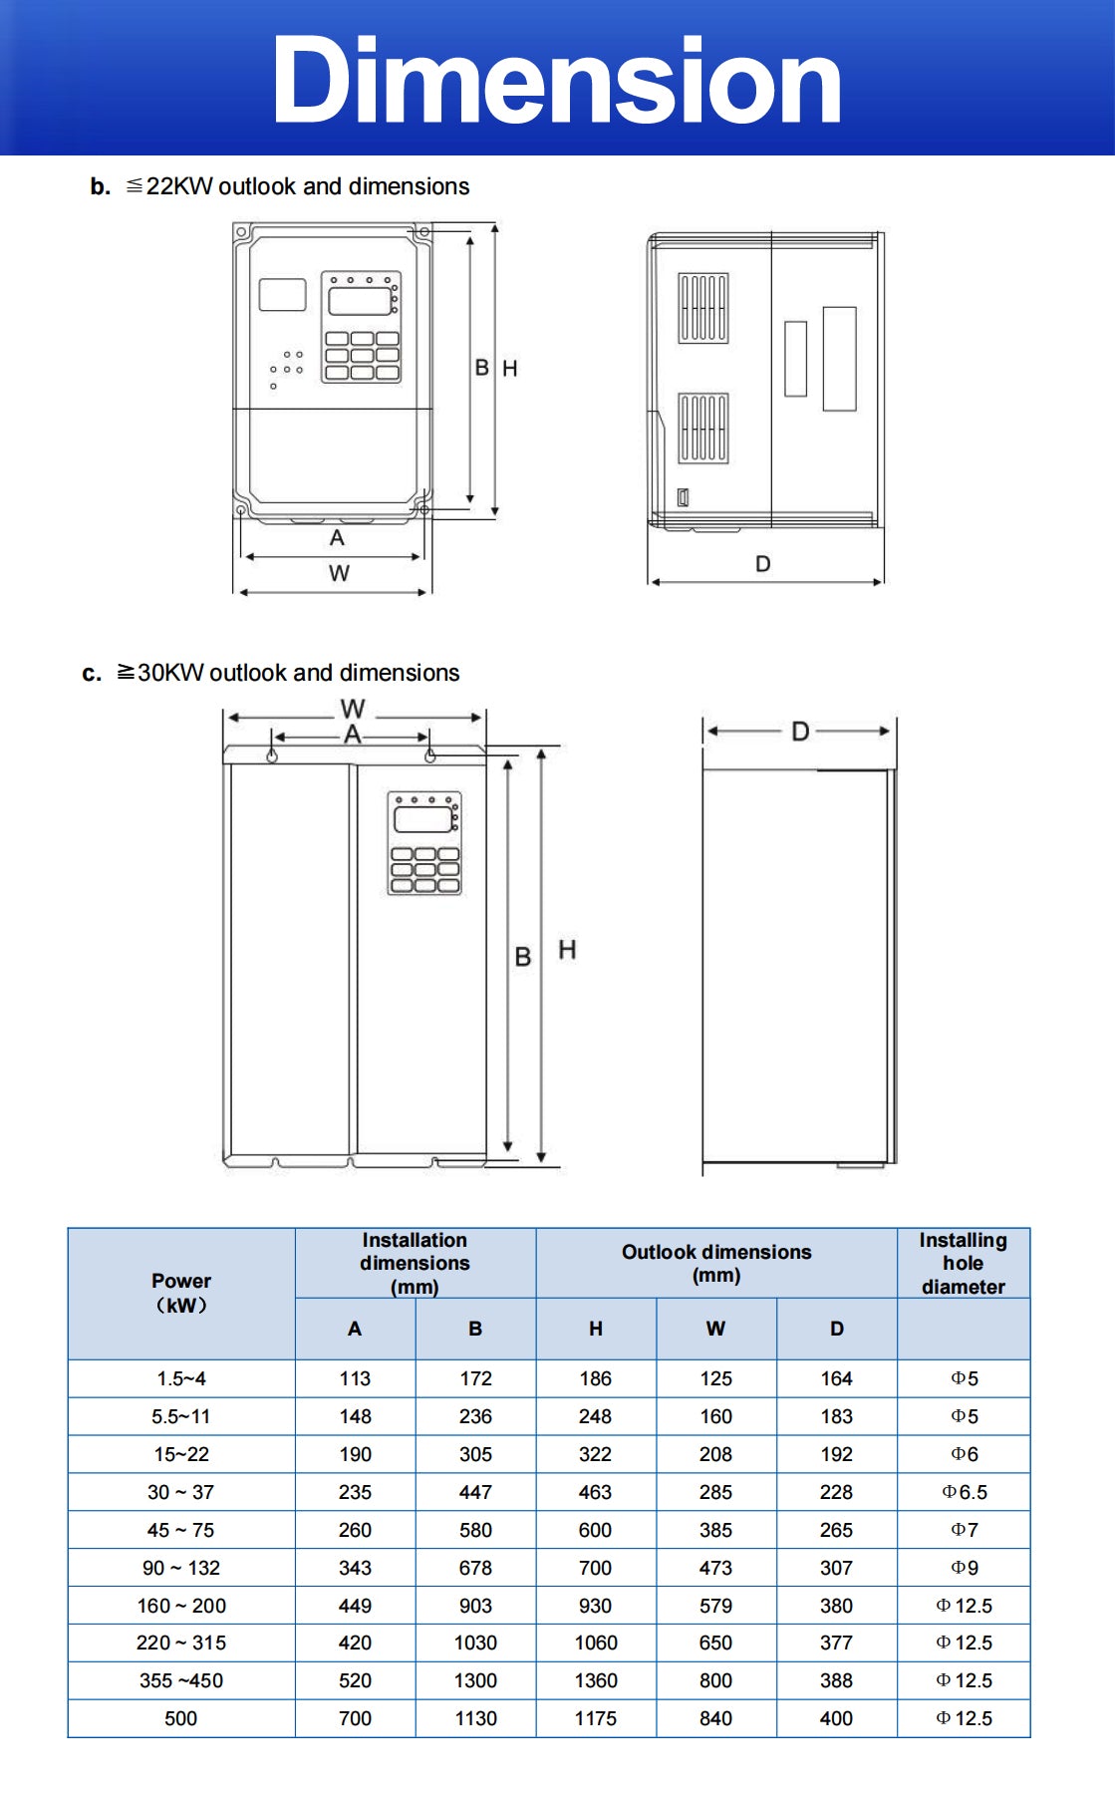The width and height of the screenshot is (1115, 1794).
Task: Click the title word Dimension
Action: (x=556, y=82)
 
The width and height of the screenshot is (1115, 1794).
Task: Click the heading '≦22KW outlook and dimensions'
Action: (x=297, y=186)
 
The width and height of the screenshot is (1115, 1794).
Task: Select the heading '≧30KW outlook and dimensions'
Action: (x=288, y=673)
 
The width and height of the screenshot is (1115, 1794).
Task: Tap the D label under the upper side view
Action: (x=762, y=564)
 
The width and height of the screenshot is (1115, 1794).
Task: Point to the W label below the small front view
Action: (x=339, y=573)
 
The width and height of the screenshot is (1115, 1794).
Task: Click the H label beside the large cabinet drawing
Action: (x=567, y=950)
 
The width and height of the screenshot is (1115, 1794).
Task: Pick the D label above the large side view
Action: (x=799, y=732)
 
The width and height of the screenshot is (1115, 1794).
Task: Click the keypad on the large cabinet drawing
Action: (x=424, y=843)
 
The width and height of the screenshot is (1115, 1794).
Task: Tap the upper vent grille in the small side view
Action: (x=703, y=308)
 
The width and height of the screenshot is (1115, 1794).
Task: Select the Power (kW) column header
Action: (x=181, y=1293)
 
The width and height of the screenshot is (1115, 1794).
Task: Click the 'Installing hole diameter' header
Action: (x=963, y=1263)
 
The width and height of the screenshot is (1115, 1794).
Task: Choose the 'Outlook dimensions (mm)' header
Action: (x=716, y=1263)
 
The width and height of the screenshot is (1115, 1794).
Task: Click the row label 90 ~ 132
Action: (x=181, y=1568)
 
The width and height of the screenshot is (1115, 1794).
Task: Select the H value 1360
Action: (x=596, y=1680)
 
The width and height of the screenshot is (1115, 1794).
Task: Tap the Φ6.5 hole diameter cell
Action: (x=964, y=1492)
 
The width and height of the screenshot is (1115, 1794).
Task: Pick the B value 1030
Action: (x=475, y=1643)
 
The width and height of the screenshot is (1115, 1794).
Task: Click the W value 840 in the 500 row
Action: (x=715, y=1718)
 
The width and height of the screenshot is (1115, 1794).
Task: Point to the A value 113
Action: (x=355, y=1378)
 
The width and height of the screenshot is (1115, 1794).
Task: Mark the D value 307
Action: (x=836, y=1568)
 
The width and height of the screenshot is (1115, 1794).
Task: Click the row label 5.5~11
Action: (x=181, y=1416)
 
